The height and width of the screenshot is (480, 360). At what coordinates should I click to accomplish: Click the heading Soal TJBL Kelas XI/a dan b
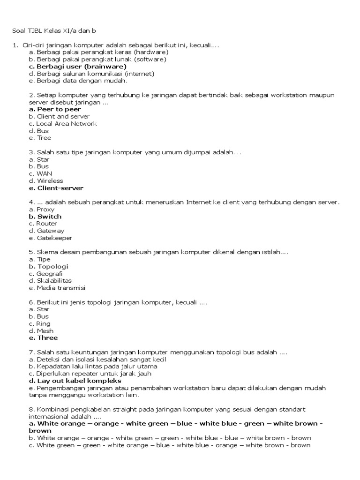click(x=54, y=31)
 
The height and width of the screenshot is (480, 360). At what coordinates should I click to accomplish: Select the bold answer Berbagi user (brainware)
click(x=77, y=67)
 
